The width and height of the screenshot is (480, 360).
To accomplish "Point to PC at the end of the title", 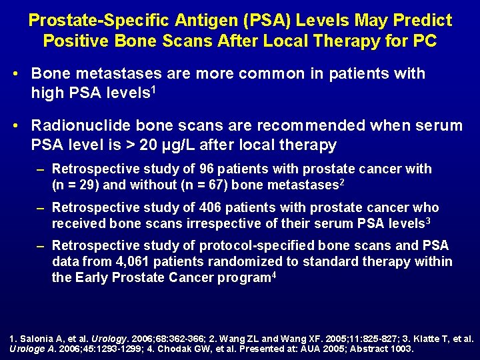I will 425,41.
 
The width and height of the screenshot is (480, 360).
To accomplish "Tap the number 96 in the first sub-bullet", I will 179,169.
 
